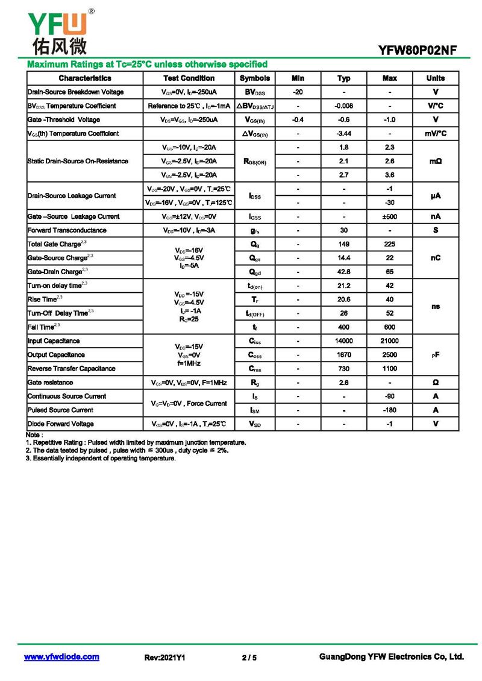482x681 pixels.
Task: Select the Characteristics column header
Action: pyautogui.click(x=85, y=78)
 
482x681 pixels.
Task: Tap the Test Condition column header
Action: pyautogui.click(x=189, y=78)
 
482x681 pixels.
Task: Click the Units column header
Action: pyautogui.click(x=435, y=78)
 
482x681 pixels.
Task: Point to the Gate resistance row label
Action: pyautogui.click(x=51, y=383)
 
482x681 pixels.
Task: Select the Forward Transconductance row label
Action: pyautogui.click(x=67, y=230)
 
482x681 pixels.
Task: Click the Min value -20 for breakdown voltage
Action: pyautogui.click(x=298, y=92)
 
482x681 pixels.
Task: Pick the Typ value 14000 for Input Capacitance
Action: pyautogui.click(x=343, y=341)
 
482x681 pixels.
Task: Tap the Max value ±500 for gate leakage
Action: pyautogui.click(x=389, y=216)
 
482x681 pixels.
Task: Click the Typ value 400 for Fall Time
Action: pyautogui.click(x=343, y=327)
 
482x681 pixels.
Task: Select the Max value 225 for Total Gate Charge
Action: pyautogui.click(x=389, y=244)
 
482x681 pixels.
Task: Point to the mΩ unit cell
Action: pyautogui.click(x=435, y=162)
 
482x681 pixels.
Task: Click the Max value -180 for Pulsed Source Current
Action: pyautogui.click(x=389, y=410)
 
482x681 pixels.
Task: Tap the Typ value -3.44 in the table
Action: pyautogui.click(x=343, y=134)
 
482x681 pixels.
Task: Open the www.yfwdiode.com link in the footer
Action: pyautogui.click(x=61, y=657)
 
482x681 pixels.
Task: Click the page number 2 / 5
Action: pyautogui.click(x=249, y=657)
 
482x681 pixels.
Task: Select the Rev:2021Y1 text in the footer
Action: pyautogui.click(x=164, y=657)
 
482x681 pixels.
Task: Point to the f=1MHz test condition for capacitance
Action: pyautogui.click(x=189, y=363)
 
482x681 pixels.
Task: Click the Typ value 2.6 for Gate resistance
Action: pyautogui.click(x=343, y=383)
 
